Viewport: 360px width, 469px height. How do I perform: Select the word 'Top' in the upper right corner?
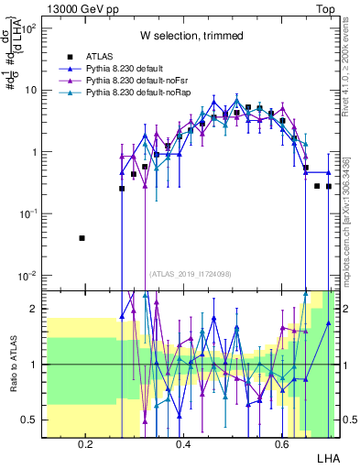click(x=325, y=8)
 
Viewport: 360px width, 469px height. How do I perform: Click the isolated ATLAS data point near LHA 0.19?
click(x=82, y=238)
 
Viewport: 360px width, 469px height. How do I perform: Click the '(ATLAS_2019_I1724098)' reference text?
click(x=191, y=273)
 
